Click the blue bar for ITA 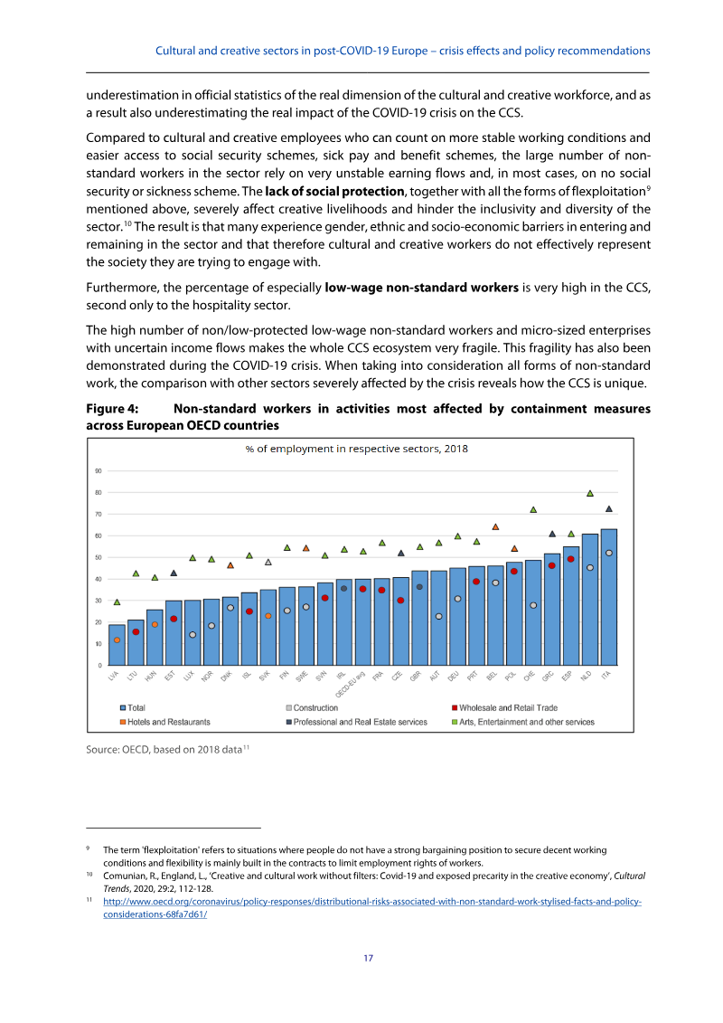click(608, 597)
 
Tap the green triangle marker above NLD click(590, 493)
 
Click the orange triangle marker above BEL click(495, 526)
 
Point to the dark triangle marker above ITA click(608, 508)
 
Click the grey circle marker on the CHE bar click(533, 605)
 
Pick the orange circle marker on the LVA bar click(117, 640)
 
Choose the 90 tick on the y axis click(97, 471)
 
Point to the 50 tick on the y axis click(97, 557)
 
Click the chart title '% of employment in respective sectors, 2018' click(356, 449)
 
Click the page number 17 click(368, 959)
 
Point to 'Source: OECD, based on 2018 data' click(164, 748)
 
